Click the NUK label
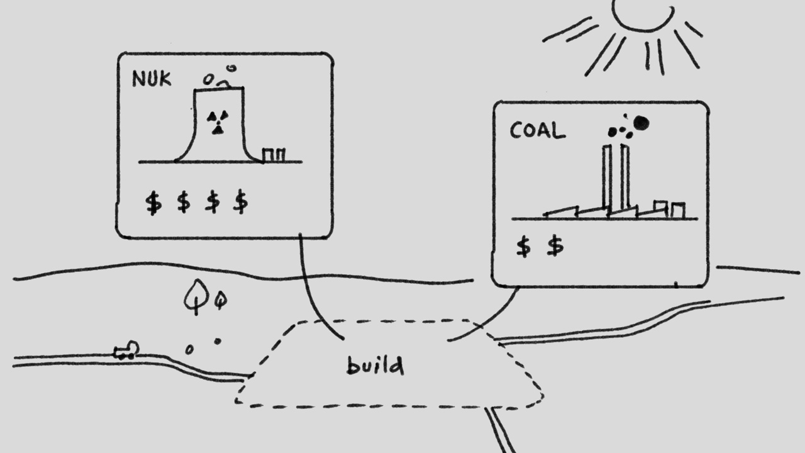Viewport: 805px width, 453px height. point(151,79)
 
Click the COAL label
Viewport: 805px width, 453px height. point(537,131)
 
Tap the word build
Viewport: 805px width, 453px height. point(375,365)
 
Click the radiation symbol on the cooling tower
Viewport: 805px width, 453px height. point(217,122)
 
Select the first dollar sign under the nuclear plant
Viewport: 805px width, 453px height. point(153,203)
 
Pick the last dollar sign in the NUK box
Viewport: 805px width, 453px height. point(240,203)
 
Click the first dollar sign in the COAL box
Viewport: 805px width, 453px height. point(523,247)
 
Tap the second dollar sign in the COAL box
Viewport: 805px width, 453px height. point(555,246)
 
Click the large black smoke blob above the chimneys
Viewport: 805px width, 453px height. point(641,123)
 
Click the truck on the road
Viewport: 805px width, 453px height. point(126,351)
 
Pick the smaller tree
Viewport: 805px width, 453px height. point(219,300)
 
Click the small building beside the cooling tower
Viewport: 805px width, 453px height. point(274,155)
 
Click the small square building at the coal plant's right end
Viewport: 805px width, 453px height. point(677,211)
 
